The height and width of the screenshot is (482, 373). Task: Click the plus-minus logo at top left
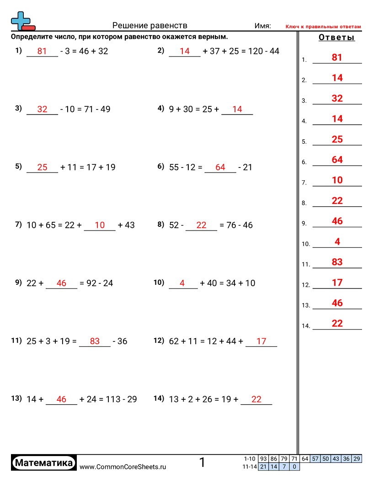point(22,21)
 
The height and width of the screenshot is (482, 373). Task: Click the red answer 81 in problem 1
point(42,52)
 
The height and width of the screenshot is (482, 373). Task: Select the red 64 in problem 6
point(220,168)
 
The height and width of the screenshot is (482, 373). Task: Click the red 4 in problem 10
point(182,283)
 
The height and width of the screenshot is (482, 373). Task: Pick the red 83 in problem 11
point(95,341)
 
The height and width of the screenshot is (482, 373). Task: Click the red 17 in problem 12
point(261,341)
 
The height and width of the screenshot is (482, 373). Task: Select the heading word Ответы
point(336,38)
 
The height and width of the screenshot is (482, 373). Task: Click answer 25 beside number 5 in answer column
point(337,139)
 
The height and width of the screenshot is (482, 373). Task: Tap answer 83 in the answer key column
point(337,262)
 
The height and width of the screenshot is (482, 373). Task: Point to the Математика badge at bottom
point(44,463)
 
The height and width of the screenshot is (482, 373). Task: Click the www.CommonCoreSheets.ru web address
point(123,466)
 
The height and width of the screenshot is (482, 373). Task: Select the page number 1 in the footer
point(202,463)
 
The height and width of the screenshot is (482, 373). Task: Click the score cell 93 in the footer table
point(263,459)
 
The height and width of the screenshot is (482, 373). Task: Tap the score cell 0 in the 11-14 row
point(295,467)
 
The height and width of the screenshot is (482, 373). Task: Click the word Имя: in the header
point(263,26)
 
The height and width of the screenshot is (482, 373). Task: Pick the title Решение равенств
point(150,26)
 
